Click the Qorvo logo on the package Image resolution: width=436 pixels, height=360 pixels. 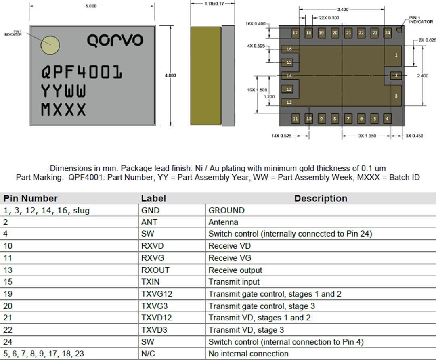[115, 40]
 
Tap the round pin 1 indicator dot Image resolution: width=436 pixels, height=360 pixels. [50, 45]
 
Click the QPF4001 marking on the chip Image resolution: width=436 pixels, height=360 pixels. [82, 73]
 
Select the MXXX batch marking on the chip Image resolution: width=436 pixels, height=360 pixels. [63, 109]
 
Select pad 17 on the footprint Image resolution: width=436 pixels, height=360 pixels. [295, 33]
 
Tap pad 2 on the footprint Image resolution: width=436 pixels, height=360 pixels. [396, 75]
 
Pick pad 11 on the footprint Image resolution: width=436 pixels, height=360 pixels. [295, 119]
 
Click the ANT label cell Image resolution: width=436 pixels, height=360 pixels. [149, 222]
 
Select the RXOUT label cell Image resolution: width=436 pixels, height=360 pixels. [155, 270]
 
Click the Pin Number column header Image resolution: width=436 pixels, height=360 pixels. [31, 199]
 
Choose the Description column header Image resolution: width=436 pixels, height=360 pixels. [321, 199]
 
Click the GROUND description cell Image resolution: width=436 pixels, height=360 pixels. [226, 210]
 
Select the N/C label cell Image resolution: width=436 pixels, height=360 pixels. [148, 354]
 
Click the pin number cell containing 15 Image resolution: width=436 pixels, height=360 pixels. [8, 282]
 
